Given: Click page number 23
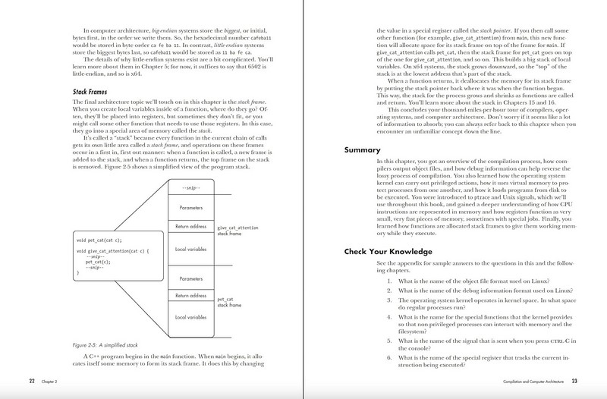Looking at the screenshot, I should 574,380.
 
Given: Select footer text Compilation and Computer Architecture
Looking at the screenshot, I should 524,380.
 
